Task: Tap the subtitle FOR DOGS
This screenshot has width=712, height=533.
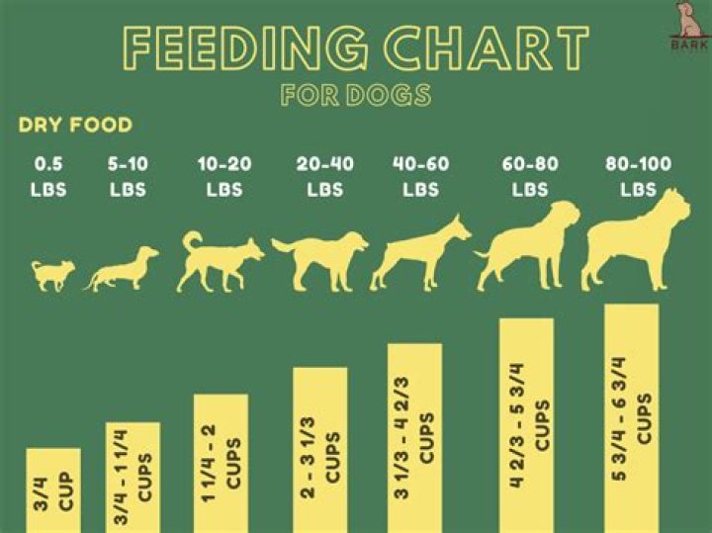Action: tap(356, 95)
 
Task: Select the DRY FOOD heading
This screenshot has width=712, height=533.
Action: tap(75, 126)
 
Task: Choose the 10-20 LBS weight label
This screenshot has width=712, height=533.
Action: tap(224, 175)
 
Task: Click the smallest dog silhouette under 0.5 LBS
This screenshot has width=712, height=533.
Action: tap(51, 275)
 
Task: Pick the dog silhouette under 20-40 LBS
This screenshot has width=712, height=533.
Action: tap(321, 261)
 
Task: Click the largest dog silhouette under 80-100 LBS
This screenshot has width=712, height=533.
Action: tap(633, 242)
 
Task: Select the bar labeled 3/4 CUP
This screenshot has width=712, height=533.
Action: tap(53, 490)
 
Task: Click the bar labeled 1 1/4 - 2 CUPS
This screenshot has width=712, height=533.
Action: tap(221, 464)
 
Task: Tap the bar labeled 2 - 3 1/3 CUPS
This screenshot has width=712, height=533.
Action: tap(319, 450)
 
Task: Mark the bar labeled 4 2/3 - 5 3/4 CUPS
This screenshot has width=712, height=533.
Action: tap(526, 425)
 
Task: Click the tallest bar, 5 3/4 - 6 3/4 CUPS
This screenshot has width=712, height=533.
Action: tap(631, 418)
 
